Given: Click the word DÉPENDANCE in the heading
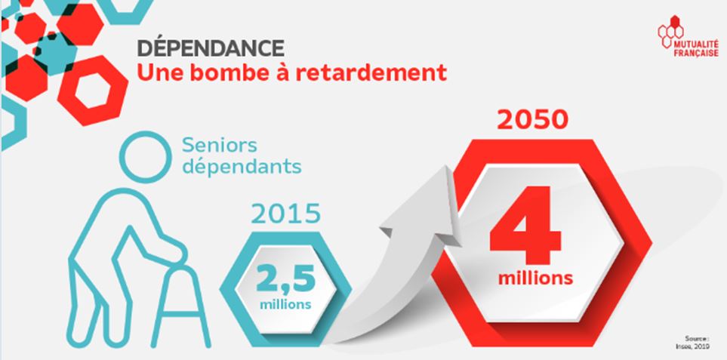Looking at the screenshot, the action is pyautogui.click(x=211, y=48).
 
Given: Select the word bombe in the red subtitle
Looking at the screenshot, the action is pyautogui.click(x=230, y=73).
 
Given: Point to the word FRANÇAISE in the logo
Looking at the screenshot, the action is pyautogui.click(x=696, y=54).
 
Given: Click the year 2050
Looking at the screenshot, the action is pyautogui.click(x=532, y=120).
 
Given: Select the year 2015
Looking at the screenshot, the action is pyautogui.click(x=285, y=214).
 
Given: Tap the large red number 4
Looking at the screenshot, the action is pyautogui.click(x=525, y=225).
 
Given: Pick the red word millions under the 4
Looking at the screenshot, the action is pyautogui.click(x=535, y=278).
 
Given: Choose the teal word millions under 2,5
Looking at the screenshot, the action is pyautogui.click(x=285, y=304).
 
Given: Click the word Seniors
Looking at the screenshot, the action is pyautogui.click(x=219, y=145).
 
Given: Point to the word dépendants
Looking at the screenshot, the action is pyautogui.click(x=242, y=167).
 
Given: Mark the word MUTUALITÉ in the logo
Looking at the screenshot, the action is pyautogui.click(x=696, y=45).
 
